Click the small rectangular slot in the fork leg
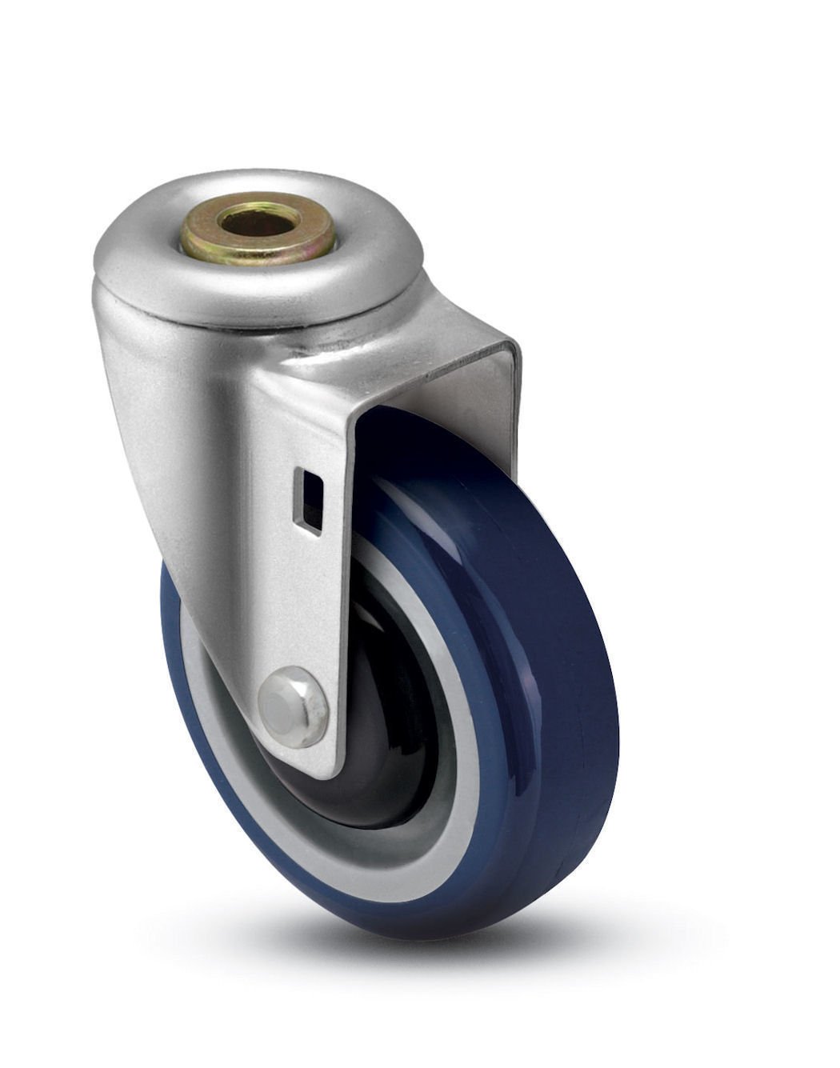click(x=308, y=501)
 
